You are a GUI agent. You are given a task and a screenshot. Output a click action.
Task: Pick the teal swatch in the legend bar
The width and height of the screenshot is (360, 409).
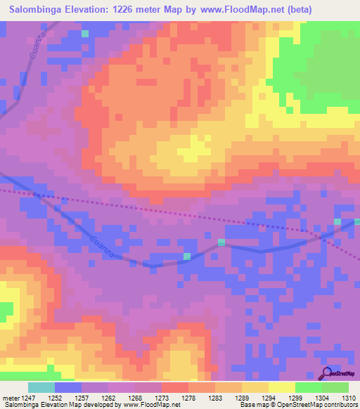[x=41, y=387]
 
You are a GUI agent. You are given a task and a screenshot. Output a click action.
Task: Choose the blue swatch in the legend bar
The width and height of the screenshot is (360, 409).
[x=67, y=387]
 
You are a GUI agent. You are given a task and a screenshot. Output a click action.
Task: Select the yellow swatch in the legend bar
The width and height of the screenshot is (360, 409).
[x=281, y=387]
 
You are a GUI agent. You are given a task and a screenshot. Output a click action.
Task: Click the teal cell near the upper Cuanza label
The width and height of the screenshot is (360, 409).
[x=85, y=33]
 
